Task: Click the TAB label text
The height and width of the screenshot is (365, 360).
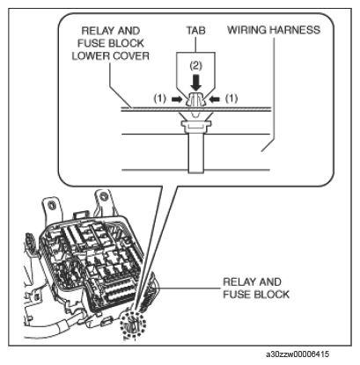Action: (195, 30)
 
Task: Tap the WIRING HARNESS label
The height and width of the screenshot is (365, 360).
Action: (274, 30)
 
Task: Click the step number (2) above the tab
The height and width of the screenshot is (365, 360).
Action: (195, 66)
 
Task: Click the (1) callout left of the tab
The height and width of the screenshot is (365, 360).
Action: (160, 99)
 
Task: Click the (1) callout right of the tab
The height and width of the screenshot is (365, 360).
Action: (231, 99)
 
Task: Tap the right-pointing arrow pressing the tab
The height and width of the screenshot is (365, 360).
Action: (177, 99)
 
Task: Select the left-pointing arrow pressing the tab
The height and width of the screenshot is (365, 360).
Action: (215, 99)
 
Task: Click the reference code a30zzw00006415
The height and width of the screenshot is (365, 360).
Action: (298, 354)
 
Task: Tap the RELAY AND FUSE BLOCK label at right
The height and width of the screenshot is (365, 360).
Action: (256, 288)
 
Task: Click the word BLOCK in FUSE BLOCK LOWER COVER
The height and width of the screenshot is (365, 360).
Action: (126, 43)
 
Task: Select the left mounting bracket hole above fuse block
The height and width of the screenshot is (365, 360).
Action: (52, 204)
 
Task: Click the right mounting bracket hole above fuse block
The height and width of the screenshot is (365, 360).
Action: (103, 195)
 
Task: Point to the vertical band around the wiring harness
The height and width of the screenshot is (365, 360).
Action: (195, 151)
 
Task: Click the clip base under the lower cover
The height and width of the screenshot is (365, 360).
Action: (195, 127)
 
